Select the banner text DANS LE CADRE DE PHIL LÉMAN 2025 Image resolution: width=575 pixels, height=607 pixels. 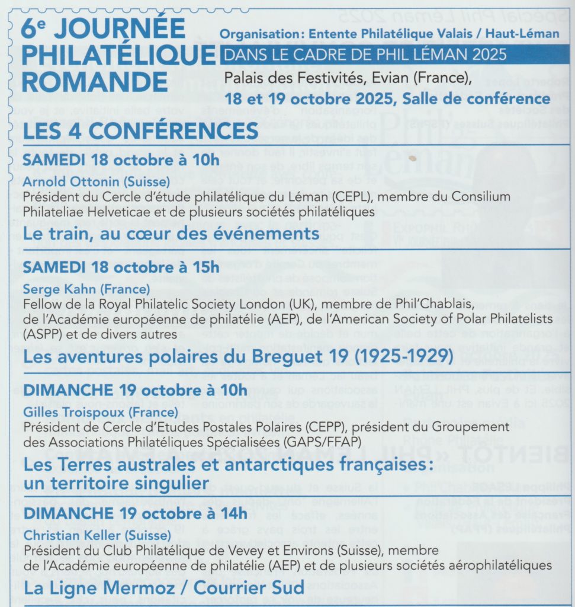click(x=364, y=55)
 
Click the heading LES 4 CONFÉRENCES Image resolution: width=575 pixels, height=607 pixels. click(x=140, y=130)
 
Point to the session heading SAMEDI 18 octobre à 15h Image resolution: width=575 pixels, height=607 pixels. click(x=121, y=267)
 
